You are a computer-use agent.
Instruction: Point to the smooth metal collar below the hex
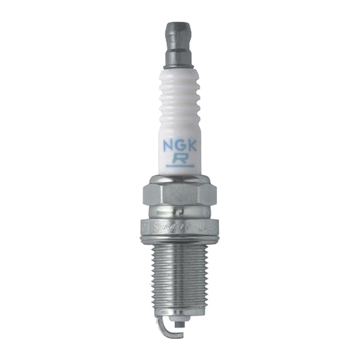[x=179, y=216]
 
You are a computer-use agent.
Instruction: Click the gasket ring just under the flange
[x=179, y=241]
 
